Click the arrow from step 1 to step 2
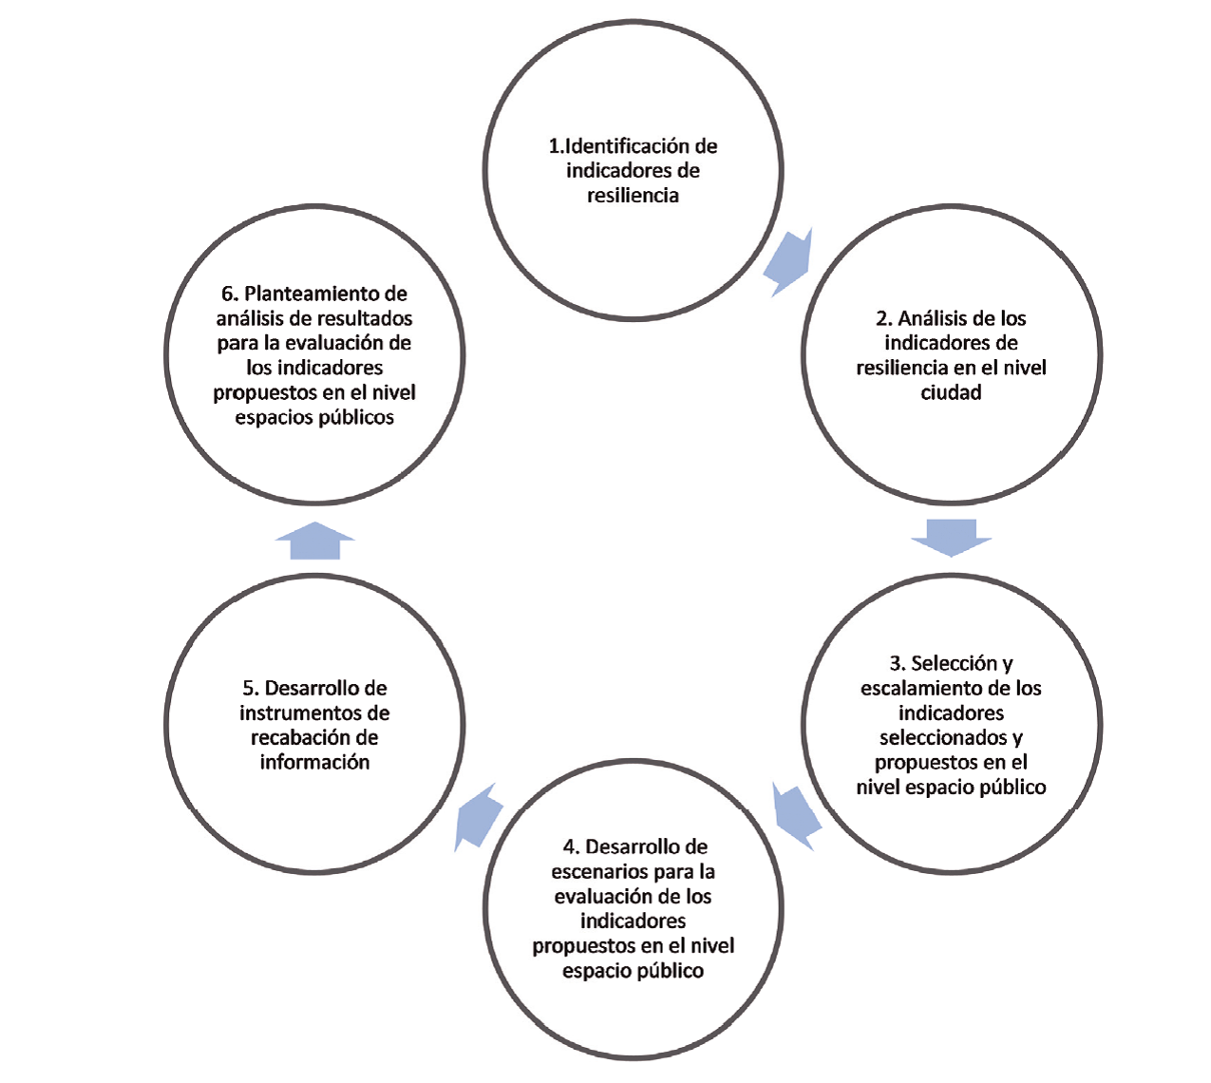[x=789, y=263]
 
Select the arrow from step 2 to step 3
[x=951, y=537]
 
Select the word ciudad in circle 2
[x=951, y=392]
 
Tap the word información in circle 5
[x=314, y=762]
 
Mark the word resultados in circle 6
[x=364, y=318]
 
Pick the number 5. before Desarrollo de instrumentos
[x=250, y=688]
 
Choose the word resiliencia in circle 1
[x=633, y=196]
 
